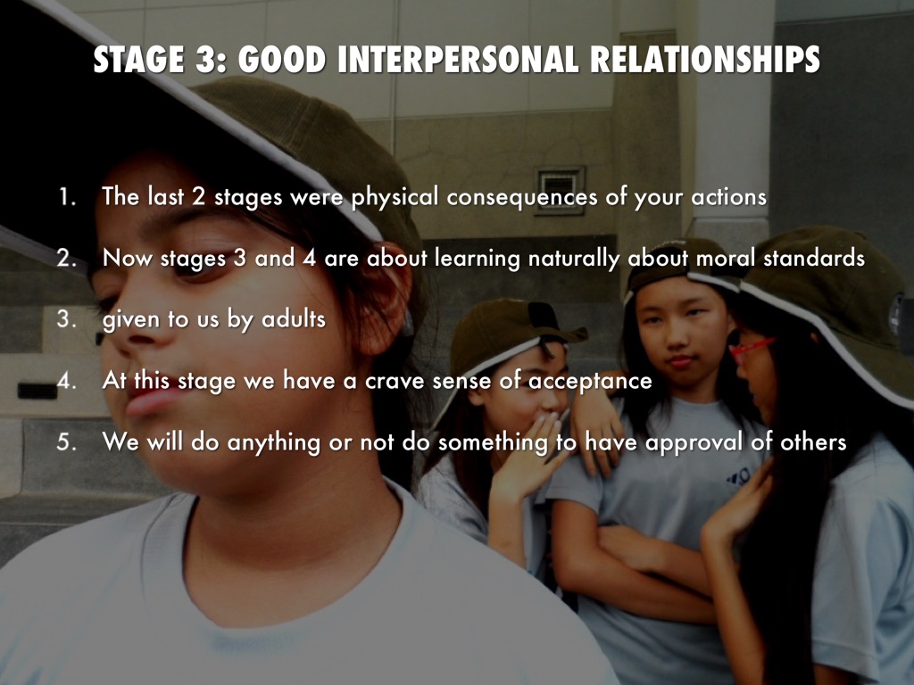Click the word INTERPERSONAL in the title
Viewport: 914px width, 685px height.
pos(458,60)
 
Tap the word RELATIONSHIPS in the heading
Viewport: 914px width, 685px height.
pos(705,60)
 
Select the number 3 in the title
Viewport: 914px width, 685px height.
pos(205,60)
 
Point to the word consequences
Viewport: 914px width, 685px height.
pos(521,198)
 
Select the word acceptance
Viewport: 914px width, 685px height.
pos(590,382)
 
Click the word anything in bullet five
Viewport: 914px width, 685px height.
pos(273,442)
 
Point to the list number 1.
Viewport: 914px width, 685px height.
pos(66,196)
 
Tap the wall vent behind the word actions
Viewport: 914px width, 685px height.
pos(560,190)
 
